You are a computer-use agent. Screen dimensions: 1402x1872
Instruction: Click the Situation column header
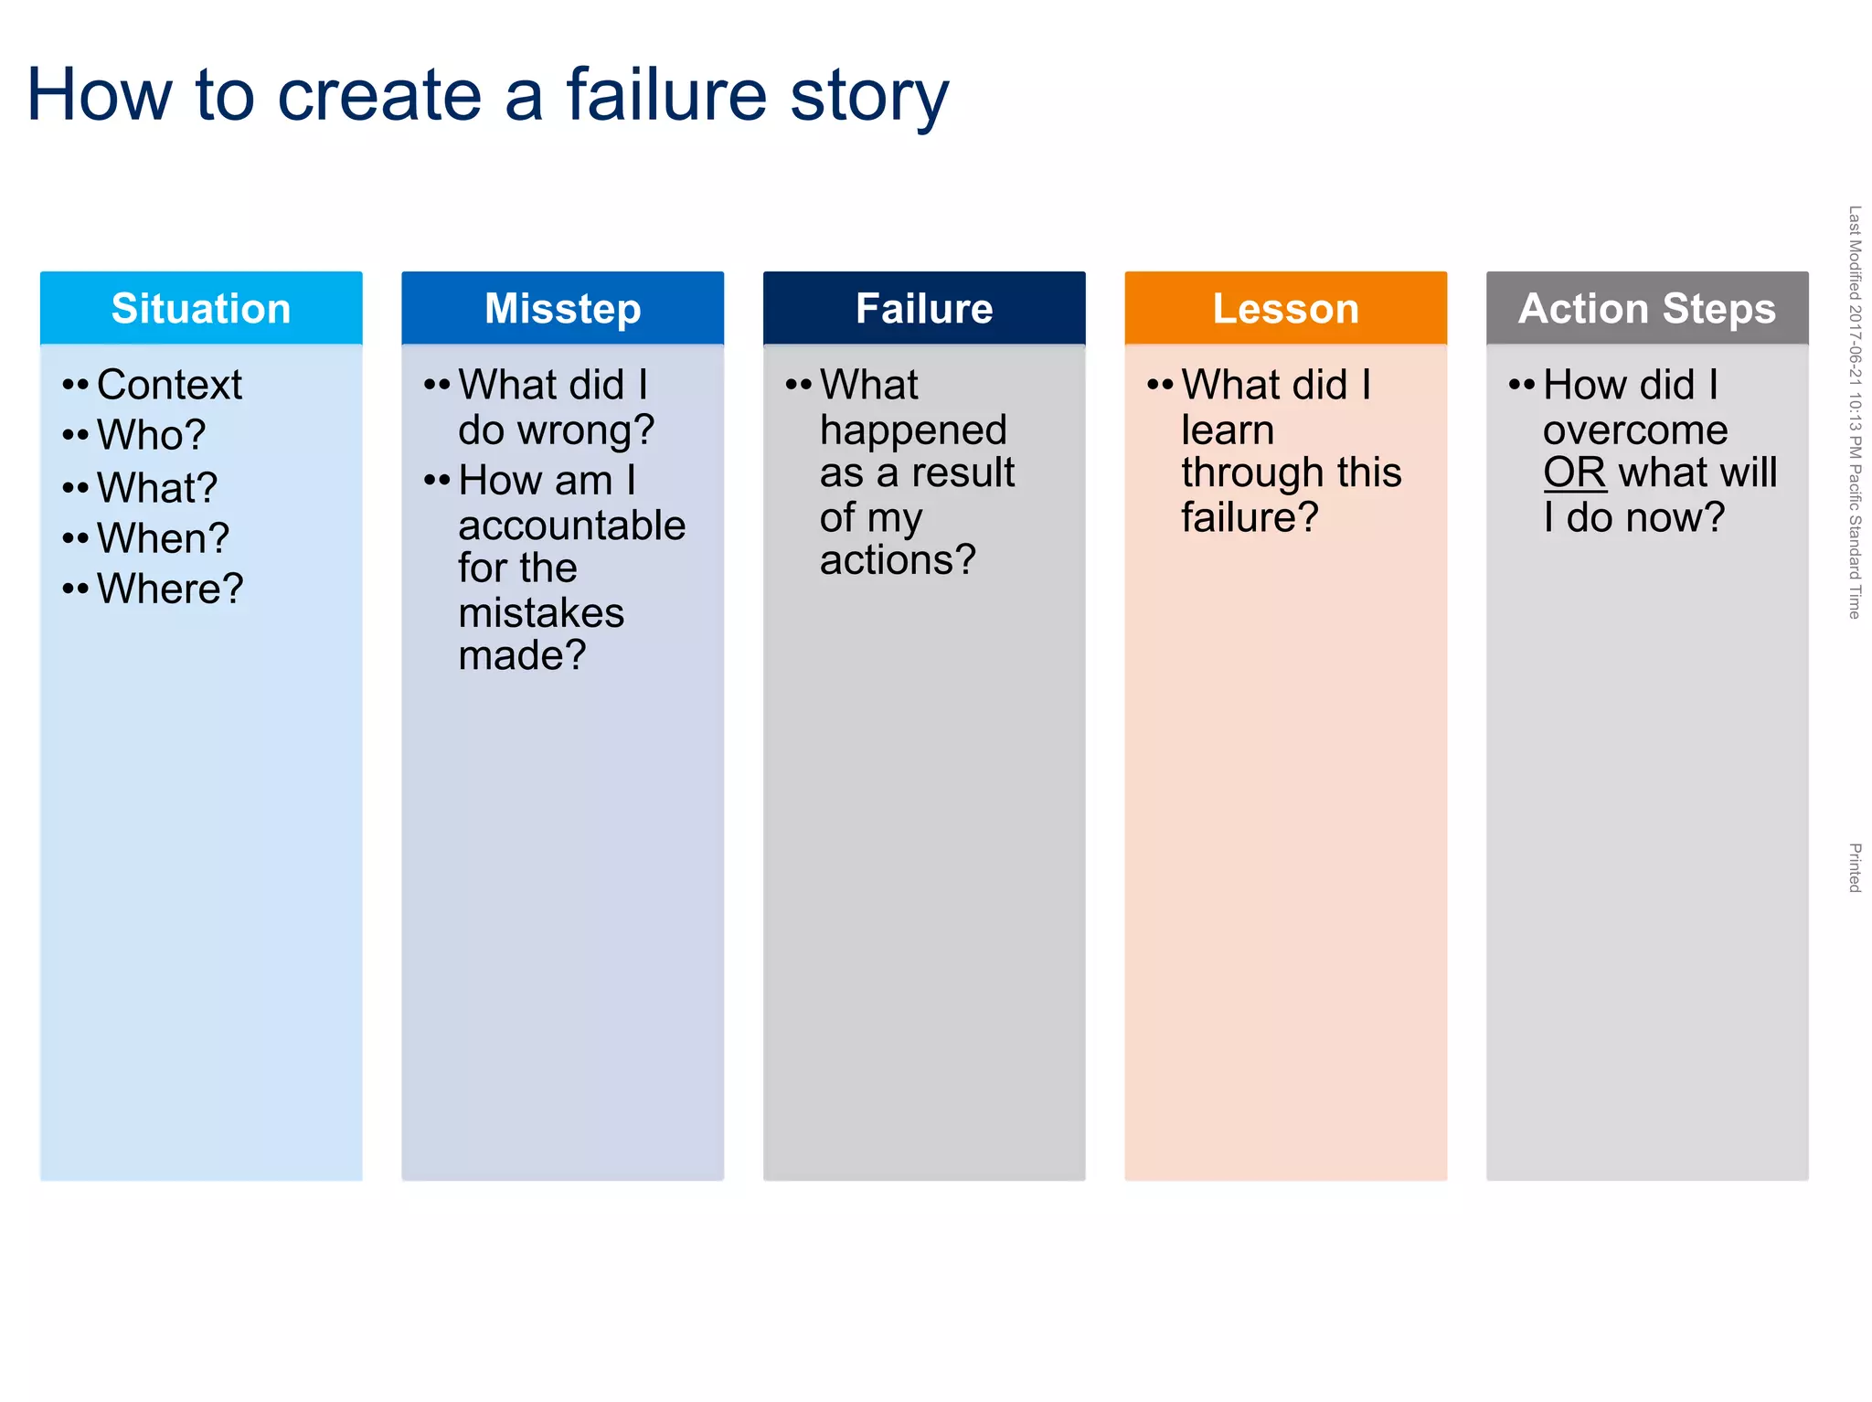[201, 308]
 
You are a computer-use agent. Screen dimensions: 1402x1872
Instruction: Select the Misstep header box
[562, 308]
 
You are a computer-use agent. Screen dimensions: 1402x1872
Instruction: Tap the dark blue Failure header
[924, 308]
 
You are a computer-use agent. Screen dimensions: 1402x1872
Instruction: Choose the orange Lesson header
[1285, 308]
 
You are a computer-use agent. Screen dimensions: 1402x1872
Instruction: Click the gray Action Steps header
[1647, 308]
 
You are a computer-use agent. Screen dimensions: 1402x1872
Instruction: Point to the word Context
[169, 385]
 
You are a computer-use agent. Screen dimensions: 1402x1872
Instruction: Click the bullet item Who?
[151, 435]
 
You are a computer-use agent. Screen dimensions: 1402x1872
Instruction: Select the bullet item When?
[163, 538]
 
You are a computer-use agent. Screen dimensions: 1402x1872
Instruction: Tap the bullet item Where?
[170, 589]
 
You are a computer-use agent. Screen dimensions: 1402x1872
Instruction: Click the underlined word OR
[1574, 473]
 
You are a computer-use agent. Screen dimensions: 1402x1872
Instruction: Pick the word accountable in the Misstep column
[571, 526]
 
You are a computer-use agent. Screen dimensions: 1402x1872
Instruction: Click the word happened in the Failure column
[912, 430]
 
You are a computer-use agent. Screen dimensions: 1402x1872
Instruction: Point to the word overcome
[1635, 430]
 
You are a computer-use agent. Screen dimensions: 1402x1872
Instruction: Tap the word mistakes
[541, 612]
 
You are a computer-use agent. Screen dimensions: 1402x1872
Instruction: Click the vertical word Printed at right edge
[1855, 867]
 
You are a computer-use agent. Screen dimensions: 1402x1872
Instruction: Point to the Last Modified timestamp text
[1855, 411]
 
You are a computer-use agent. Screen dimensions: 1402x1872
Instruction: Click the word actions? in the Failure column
[898, 559]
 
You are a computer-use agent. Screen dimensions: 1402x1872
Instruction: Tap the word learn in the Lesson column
[1227, 430]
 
